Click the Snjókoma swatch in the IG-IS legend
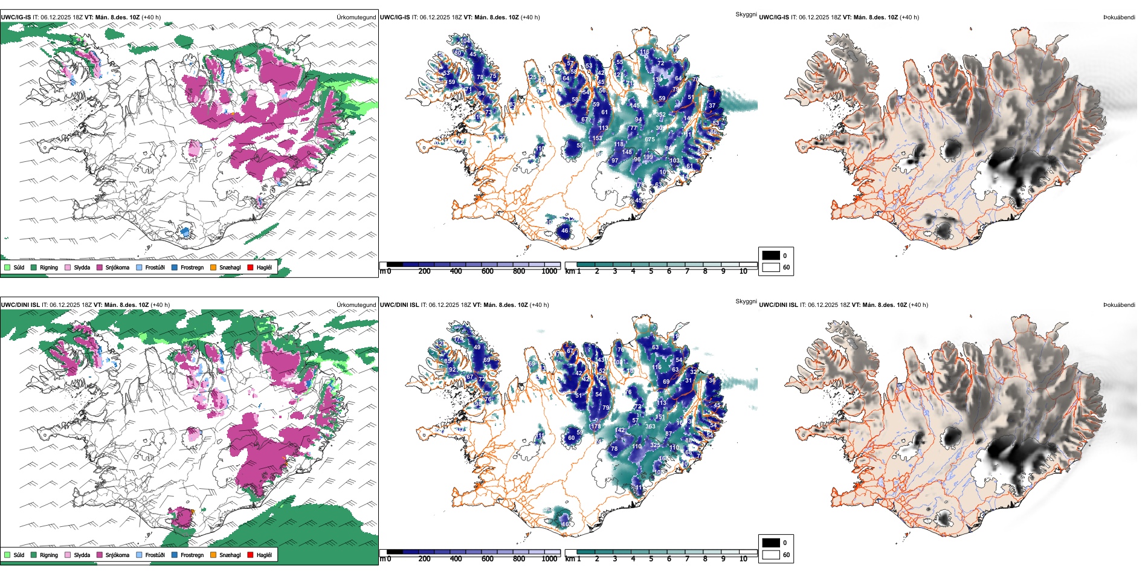[x=100, y=267]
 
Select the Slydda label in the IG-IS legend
[x=82, y=267]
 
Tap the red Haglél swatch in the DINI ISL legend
[x=250, y=555]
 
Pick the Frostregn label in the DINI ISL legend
[x=192, y=555]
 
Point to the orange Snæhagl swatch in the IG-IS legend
[x=213, y=267]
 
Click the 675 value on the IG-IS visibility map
[x=650, y=140]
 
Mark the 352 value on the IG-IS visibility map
[x=661, y=115]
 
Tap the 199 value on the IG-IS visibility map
[x=648, y=157]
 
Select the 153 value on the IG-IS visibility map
[x=597, y=138]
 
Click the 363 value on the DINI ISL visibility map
[x=650, y=427]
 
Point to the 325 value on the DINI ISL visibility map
[x=655, y=445]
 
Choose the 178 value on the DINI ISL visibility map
[x=596, y=427]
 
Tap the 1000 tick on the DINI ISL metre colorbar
[x=549, y=559]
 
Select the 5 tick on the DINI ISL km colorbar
[x=651, y=559]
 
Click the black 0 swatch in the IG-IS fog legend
[x=771, y=256]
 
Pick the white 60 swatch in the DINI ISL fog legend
[x=771, y=555]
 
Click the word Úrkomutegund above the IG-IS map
[x=356, y=18]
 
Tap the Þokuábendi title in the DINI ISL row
[x=1119, y=305]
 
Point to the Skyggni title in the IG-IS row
[x=746, y=14]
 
